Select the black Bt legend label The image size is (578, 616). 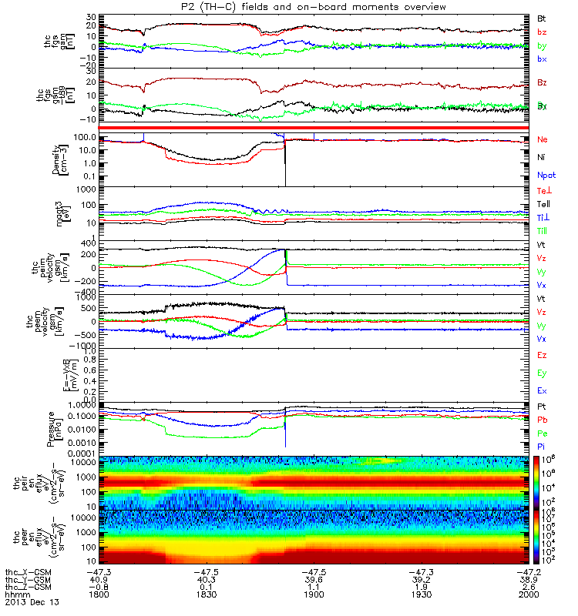(x=542, y=17)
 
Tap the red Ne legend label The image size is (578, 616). (x=542, y=139)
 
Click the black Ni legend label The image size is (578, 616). (x=541, y=157)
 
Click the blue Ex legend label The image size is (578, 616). (x=542, y=391)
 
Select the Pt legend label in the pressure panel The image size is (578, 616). (x=541, y=407)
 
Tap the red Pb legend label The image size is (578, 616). (x=542, y=420)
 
